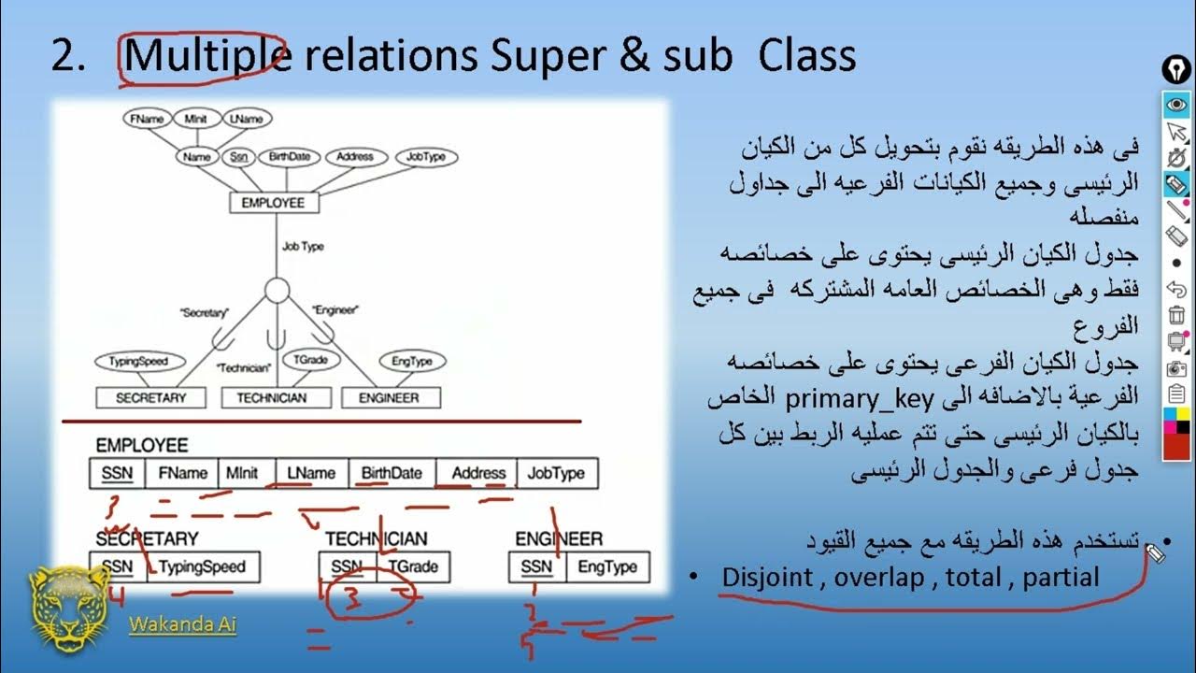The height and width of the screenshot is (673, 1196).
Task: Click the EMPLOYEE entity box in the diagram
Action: (x=273, y=203)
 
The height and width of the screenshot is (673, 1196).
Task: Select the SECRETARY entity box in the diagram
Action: (x=150, y=398)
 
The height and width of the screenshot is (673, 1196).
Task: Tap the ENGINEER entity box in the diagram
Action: (x=389, y=398)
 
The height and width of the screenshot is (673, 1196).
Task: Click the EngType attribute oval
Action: (x=412, y=361)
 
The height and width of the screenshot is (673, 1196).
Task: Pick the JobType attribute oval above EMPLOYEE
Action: (x=426, y=157)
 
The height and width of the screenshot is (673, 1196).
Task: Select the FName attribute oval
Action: (x=148, y=119)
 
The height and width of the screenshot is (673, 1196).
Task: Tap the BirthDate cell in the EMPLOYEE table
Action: (x=392, y=474)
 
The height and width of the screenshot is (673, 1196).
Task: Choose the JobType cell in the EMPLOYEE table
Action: (x=556, y=474)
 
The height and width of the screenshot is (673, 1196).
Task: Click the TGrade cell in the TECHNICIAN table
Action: (x=413, y=566)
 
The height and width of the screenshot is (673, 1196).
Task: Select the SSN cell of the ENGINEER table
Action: (x=536, y=566)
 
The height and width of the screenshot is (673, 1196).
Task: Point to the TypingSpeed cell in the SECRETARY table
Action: (x=202, y=566)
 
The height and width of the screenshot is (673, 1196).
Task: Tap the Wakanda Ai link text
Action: (x=182, y=624)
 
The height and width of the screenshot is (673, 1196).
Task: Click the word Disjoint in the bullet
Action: (x=766, y=578)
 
